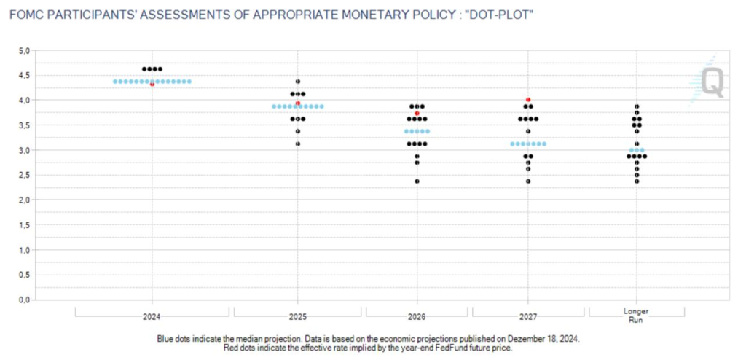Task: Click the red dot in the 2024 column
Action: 152,85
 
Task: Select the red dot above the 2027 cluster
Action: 528,100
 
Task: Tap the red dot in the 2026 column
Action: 417,114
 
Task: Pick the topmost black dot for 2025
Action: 298,82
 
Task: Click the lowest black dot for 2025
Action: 298,144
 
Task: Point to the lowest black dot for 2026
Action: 417,181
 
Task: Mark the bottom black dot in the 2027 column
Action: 528,181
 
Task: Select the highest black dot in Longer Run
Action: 637,106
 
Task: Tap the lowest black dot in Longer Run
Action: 637,181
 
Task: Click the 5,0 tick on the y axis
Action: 23,51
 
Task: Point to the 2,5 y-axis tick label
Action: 23,175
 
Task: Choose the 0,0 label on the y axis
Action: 23,300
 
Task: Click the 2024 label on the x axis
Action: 152,317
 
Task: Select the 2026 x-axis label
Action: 417,317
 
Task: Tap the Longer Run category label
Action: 637,316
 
